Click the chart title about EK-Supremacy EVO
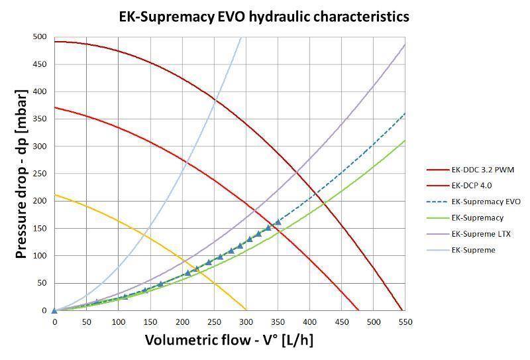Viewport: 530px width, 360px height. tap(264, 16)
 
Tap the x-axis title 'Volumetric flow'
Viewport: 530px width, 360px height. tap(229, 341)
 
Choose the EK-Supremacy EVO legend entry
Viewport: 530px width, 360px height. tap(486, 202)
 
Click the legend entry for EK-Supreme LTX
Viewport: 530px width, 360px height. tap(481, 234)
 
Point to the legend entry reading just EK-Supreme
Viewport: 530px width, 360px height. tap(473, 250)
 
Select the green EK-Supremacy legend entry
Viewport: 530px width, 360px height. tap(477, 217)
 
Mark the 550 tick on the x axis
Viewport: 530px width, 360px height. tap(405, 322)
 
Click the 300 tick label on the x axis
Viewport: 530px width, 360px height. tap(246, 322)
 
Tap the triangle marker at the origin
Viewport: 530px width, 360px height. tap(54, 310)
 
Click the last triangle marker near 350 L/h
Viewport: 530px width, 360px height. tap(278, 223)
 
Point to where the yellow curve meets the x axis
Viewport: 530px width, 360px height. tap(246, 310)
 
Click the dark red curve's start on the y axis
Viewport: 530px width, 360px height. tap(55, 42)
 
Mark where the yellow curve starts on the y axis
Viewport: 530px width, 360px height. tap(55, 195)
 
